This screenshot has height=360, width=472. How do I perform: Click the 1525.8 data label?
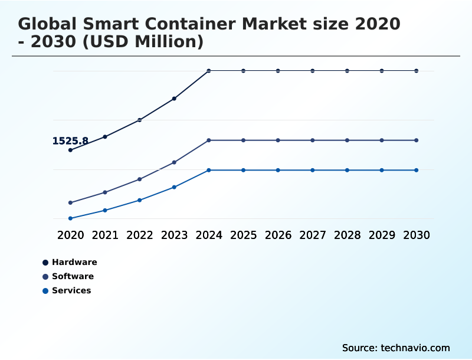click(70, 141)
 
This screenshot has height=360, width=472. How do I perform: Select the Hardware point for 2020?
click(70, 150)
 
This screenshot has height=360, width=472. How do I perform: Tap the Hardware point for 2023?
click(174, 99)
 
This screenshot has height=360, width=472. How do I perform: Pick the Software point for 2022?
click(140, 179)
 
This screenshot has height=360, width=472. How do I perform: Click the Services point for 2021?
click(105, 210)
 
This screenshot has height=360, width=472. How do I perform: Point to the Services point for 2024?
click(209, 170)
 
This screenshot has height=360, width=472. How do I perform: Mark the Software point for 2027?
click(313, 140)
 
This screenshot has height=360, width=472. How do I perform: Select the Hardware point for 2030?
click(417, 71)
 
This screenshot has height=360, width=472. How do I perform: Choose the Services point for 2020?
click(70, 218)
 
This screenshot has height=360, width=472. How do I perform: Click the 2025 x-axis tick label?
click(243, 235)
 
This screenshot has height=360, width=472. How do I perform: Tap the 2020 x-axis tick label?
click(70, 235)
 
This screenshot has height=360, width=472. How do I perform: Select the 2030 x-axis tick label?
click(417, 235)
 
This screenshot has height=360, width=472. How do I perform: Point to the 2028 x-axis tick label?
click(347, 235)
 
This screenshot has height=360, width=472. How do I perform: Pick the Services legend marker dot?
click(45, 290)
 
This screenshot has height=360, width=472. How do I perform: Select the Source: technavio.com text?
click(396, 348)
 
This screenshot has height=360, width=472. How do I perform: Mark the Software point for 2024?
click(209, 140)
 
